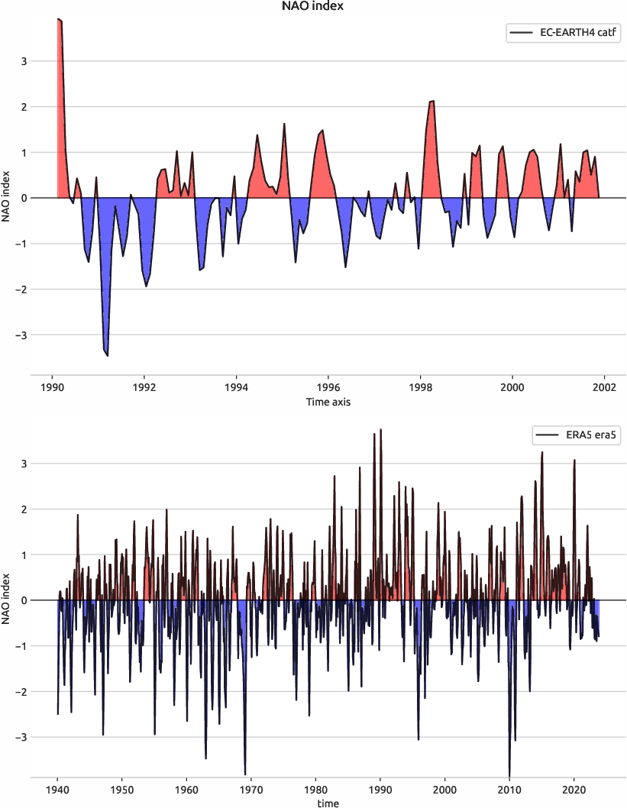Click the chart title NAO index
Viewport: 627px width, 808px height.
[x=313, y=7]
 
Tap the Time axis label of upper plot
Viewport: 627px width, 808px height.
[x=328, y=401]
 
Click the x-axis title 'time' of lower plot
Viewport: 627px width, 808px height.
[x=328, y=803]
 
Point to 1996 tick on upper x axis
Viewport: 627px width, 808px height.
[x=328, y=387]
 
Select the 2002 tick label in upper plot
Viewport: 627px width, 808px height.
[x=604, y=387]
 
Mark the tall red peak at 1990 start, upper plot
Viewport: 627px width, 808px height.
[x=60, y=20]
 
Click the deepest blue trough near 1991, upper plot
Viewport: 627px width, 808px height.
[x=108, y=354]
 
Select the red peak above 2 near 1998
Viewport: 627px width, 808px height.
[x=432, y=102]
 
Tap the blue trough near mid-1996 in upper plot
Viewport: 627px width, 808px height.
[x=345, y=266]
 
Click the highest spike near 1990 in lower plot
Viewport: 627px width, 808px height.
[x=380, y=431]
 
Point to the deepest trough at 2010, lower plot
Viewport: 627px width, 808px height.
[x=509, y=773]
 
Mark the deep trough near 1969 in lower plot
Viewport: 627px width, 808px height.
[x=245, y=772]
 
